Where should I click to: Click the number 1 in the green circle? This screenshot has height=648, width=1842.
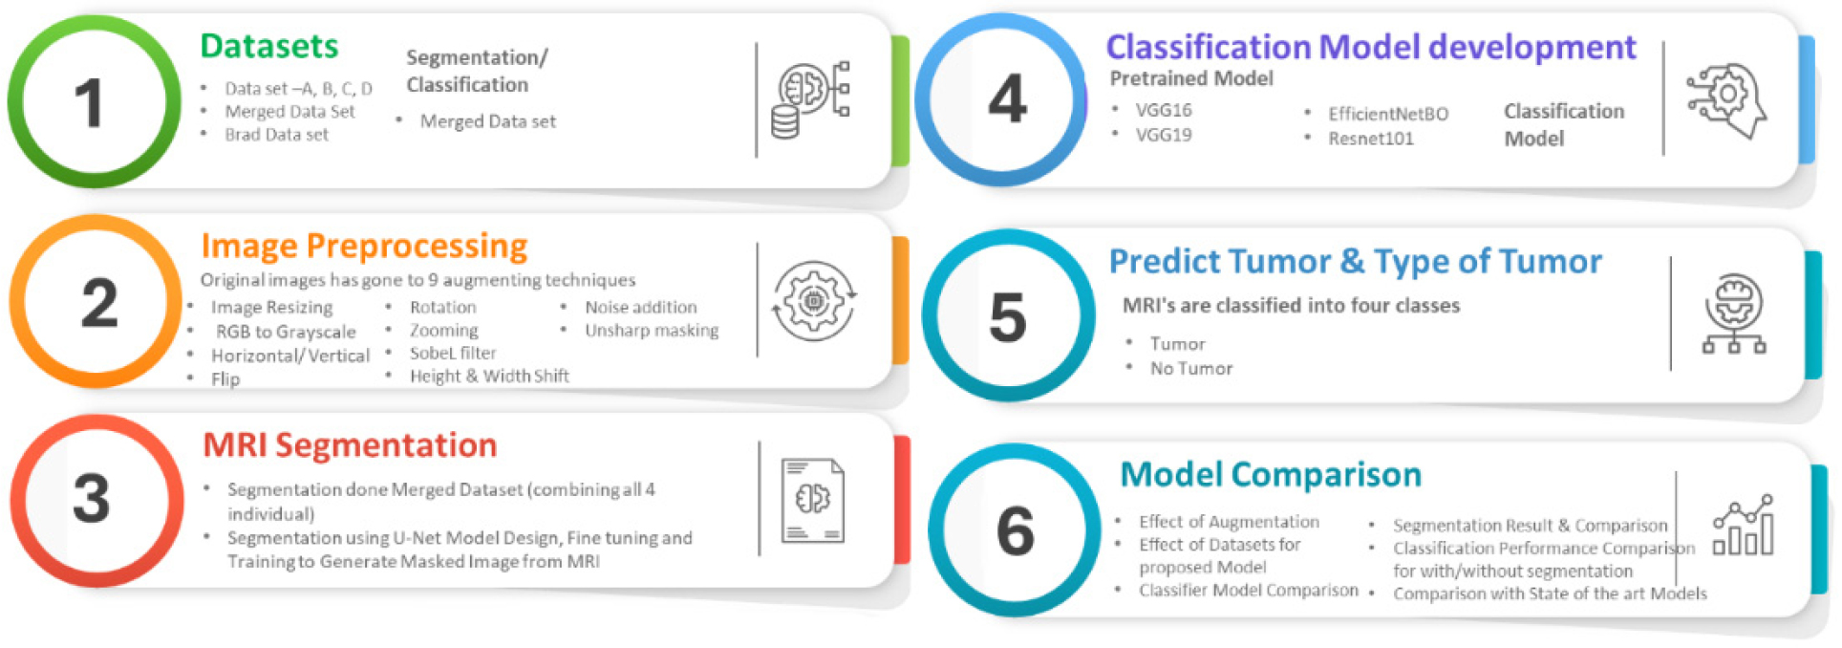89,103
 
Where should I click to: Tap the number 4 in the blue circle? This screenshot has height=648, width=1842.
1008,99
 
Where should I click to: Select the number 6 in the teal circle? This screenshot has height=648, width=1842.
1015,530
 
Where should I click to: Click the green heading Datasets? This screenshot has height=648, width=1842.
269,46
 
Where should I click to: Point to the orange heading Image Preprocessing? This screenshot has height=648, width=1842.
364,247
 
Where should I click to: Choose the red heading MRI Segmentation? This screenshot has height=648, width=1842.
350,445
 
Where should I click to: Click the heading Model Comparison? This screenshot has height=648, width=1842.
1271,474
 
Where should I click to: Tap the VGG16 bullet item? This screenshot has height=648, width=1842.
1164,110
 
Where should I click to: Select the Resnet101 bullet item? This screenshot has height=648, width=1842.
1370,139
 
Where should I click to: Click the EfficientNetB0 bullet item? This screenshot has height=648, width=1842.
1388,114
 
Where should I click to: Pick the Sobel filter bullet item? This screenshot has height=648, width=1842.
453,353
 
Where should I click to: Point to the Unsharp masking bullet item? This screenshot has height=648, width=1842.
652,331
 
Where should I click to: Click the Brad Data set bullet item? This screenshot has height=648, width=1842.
276,135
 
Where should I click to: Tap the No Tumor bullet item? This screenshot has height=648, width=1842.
1191,369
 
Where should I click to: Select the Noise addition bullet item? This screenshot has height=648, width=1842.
641,307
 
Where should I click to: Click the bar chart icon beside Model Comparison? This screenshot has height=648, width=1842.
1744,525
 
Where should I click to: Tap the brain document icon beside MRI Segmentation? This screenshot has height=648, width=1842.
813,500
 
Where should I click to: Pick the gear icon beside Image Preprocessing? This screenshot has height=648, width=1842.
814,301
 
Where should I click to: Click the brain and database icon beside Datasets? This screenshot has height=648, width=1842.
810,99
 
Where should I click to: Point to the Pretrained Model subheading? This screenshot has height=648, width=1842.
1191,78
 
